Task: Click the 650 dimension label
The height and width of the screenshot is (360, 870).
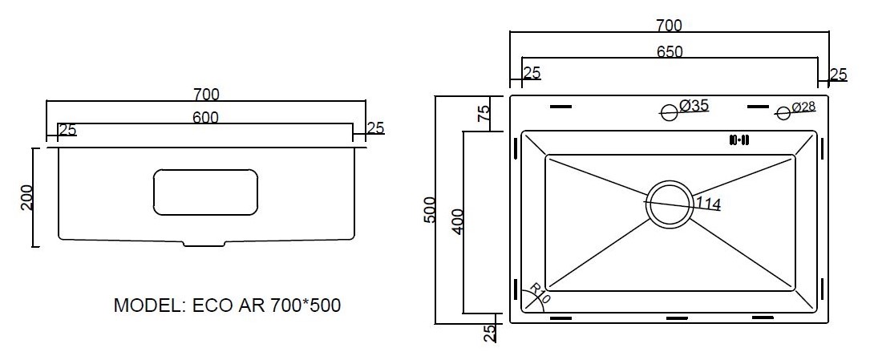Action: (x=670, y=51)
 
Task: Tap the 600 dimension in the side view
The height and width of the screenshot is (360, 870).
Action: (x=206, y=118)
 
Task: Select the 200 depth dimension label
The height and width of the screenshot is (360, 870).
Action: (x=27, y=197)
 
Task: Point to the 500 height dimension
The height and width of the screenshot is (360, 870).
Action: (x=429, y=210)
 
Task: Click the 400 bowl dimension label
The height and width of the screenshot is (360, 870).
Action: (x=456, y=222)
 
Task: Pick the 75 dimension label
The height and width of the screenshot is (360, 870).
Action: (x=484, y=113)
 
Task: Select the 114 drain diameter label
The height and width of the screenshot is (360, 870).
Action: (x=707, y=204)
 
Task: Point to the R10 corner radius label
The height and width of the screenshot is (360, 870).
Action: (x=540, y=293)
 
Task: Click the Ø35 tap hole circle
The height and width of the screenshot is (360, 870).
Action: (x=670, y=112)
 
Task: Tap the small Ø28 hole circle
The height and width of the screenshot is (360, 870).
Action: (x=783, y=114)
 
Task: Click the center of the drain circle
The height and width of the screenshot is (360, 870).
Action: (x=670, y=203)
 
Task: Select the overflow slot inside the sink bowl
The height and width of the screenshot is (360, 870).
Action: (x=739, y=140)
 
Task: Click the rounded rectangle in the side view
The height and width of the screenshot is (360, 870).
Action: (x=206, y=192)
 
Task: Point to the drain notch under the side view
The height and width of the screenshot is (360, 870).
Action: (x=204, y=244)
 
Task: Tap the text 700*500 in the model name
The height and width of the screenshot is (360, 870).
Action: (x=306, y=305)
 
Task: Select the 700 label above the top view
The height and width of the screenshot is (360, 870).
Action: (x=669, y=26)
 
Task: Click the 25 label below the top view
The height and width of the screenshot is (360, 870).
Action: (x=490, y=334)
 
